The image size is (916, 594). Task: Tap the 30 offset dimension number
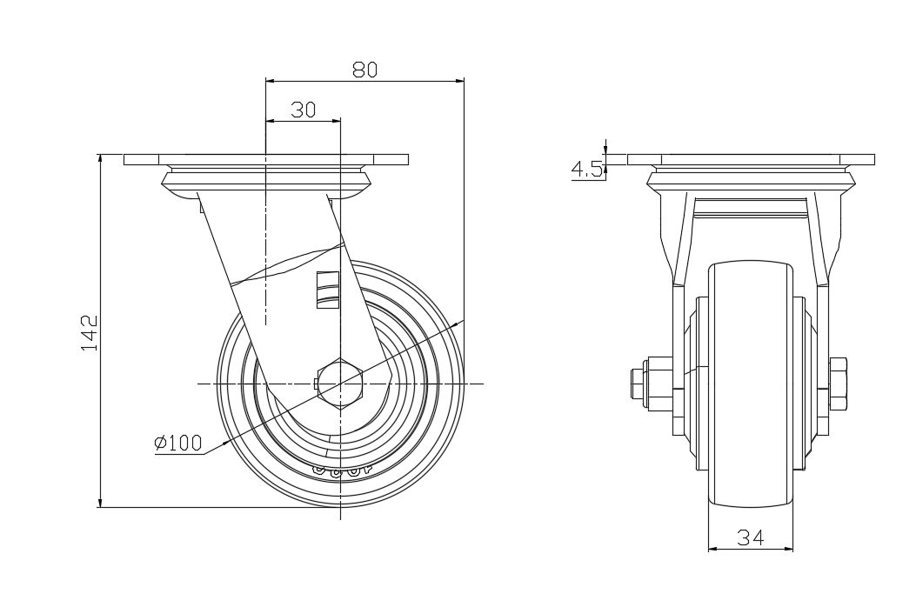click(x=303, y=110)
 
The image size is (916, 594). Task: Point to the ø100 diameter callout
click(x=177, y=444)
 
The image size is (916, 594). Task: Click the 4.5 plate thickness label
click(x=587, y=169)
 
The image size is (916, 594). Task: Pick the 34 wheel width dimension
click(x=750, y=538)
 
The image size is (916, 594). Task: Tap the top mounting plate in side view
click(x=265, y=159)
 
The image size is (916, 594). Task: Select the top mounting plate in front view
click(x=750, y=159)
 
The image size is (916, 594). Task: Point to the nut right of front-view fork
click(x=839, y=384)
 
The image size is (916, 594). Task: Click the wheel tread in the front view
click(x=750, y=487)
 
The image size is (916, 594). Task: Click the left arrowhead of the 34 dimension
click(x=712, y=549)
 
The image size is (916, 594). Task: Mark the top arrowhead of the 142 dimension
click(x=101, y=158)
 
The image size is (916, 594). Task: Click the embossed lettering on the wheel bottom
click(x=340, y=470)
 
